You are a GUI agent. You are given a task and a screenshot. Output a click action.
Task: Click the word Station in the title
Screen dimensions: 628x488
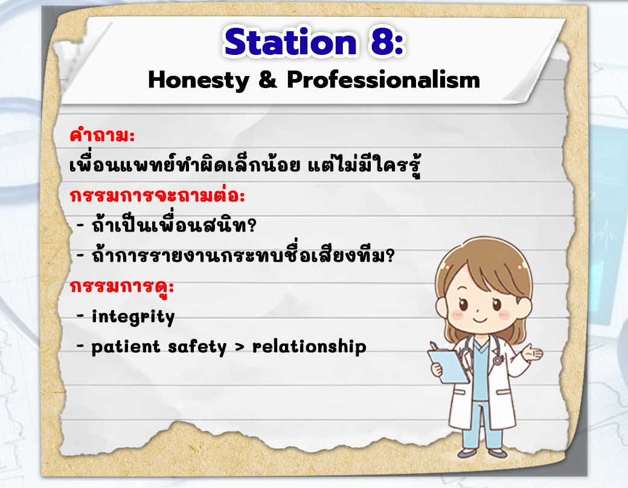[290, 42]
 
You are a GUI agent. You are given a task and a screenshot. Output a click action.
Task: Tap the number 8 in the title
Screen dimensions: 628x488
[382, 42]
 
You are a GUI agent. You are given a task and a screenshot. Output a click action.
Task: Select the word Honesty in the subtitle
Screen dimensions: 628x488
[199, 80]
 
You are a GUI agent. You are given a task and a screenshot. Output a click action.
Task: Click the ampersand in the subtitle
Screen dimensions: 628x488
[268, 79]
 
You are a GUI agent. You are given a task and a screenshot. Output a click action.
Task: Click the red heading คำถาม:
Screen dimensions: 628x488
[102, 135]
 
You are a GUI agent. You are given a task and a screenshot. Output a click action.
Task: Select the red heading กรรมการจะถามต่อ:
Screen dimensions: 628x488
[157, 195]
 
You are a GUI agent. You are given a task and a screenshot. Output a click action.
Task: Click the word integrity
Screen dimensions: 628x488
[133, 317]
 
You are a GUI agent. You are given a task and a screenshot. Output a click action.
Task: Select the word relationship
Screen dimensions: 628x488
[309, 346]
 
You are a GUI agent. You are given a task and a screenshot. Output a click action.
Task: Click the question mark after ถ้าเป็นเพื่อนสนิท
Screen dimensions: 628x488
[252, 226]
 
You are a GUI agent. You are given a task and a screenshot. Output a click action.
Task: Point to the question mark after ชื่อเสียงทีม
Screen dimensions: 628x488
[389, 255]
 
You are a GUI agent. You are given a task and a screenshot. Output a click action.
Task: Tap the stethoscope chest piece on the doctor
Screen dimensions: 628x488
[498, 360]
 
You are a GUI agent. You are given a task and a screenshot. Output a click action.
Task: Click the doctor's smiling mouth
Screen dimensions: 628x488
[479, 320]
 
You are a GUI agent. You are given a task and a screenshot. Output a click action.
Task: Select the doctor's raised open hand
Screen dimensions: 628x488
[533, 353]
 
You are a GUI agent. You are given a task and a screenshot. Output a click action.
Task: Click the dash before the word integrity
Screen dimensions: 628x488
[80, 317]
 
